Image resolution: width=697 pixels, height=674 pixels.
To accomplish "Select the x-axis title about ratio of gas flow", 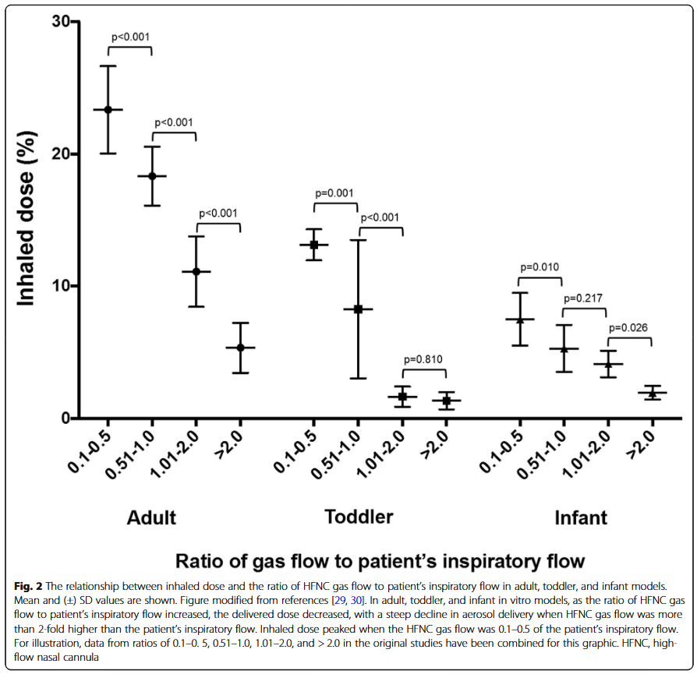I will pyautogui.click(x=380, y=561).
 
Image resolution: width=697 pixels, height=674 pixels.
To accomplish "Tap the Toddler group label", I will pyautogui.click(x=359, y=517).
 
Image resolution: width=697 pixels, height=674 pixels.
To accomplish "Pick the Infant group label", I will pyautogui.click(x=581, y=518).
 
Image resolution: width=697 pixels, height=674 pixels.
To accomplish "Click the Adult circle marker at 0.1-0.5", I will pyautogui.click(x=108, y=109).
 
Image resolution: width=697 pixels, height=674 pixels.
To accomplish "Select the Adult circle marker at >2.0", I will pyautogui.click(x=240, y=348).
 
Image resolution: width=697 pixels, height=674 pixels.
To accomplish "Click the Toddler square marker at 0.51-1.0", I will pyautogui.click(x=359, y=309).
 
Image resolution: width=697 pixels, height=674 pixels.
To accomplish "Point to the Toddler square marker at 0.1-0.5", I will pyautogui.click(x=314, y=245).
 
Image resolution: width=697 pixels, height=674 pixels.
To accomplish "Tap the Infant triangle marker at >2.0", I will pyautogui.click(x=652, y=393).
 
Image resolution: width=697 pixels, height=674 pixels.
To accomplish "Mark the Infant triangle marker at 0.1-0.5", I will pyautogui.click(x=518, y=319).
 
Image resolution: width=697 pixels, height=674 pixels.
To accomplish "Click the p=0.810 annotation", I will pyautogui.click(x=423, y=359).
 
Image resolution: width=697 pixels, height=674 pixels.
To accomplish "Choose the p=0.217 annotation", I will pyautogui.click(x=583, y=298).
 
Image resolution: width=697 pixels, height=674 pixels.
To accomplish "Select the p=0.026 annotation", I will pyautogui.click(x=628, y=328).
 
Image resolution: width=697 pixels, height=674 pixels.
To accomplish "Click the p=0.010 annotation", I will pyautogui.click(x=539, y=267).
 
